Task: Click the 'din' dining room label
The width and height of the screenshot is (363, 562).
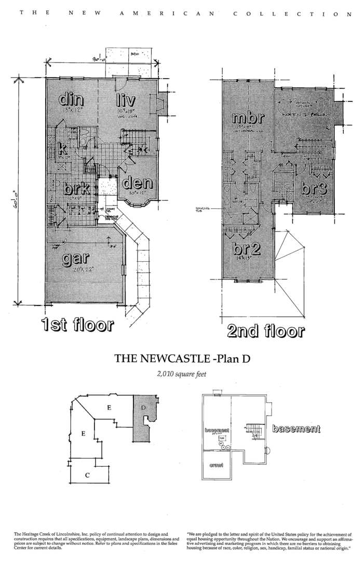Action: (x=72, y=98)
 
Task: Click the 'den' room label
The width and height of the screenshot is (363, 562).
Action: (x=137, y=183)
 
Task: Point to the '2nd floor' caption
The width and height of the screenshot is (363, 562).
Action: (x=266, y=331)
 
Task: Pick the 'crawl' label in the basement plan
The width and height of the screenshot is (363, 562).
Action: (x=217, y=465)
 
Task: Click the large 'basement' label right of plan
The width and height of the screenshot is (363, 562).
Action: (x=295, y=429)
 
